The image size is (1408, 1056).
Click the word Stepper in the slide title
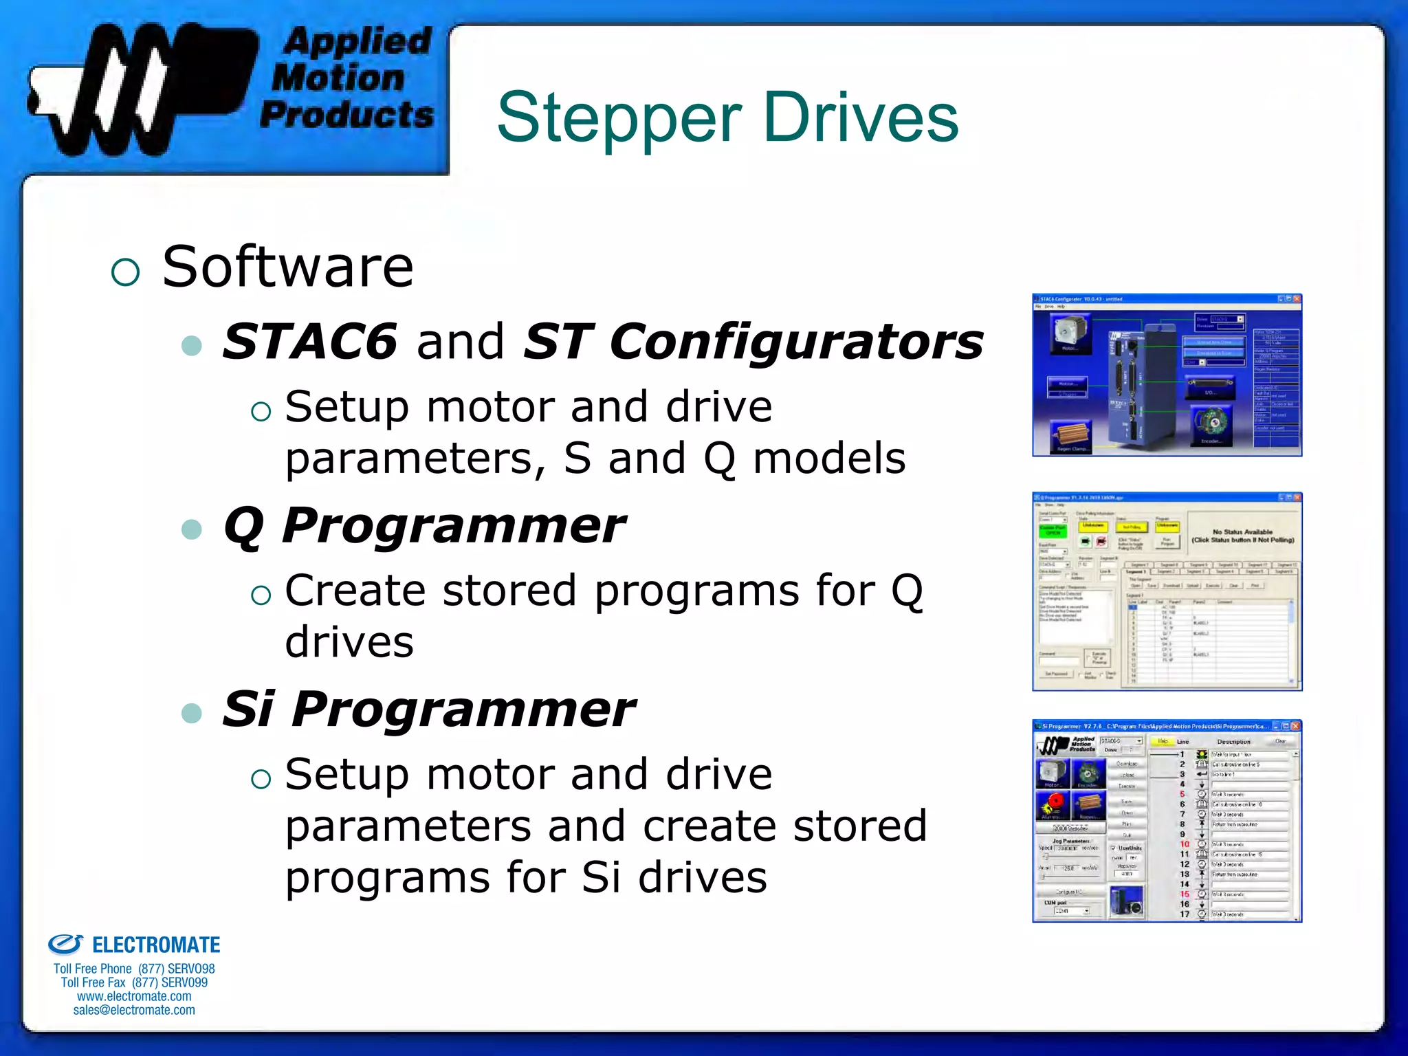(619, 118)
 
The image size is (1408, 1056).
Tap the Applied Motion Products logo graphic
(141, 88)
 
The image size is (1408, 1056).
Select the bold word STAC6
(310, 341)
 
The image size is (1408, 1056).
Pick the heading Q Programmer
(424, 525)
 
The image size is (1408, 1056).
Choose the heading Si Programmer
(429, 709)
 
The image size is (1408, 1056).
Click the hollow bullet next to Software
(125, 272)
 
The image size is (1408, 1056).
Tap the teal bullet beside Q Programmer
(192, 529)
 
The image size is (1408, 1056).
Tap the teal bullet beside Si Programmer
(192, 713)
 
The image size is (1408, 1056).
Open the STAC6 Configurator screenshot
(1167, 375)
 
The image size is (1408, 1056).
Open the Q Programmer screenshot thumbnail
(1167, 592)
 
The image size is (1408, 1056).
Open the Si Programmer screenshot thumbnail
(1167, 821)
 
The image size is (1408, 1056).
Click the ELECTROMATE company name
(156, 945)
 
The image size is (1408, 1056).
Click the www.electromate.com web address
(134, 996)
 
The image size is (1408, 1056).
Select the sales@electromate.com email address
(134, 1010)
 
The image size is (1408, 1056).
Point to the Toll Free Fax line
(134, 982)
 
